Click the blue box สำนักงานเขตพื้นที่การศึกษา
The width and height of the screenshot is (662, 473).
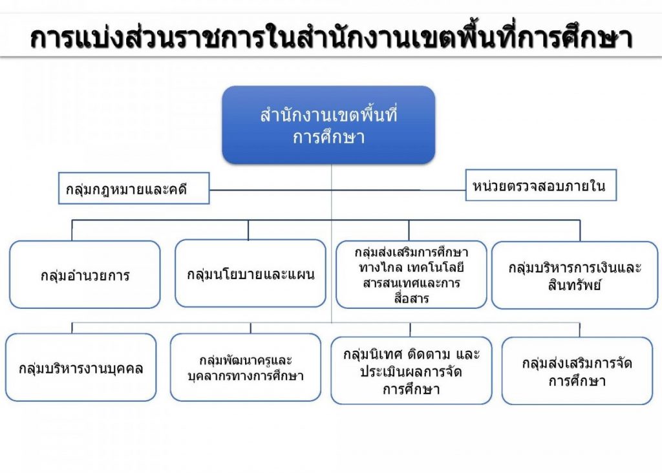click(328, 125)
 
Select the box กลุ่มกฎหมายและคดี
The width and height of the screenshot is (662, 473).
click(134, 188)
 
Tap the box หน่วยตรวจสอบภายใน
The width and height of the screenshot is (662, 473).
click(541, 185)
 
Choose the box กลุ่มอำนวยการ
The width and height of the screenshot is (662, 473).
click(85, 275)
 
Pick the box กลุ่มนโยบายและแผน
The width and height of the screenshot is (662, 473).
click(250, 273)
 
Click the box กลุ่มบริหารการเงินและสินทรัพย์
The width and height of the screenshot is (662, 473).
click(575, 275)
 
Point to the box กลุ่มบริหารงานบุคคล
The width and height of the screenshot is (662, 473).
click(81, 368)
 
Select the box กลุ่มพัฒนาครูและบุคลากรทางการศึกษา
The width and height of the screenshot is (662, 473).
click(245, 368)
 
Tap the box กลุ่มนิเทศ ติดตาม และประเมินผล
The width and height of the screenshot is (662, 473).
click(411, 370)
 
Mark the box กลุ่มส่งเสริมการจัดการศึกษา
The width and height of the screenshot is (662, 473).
click(577, 371)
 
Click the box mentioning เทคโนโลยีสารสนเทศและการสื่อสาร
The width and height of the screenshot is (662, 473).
click(411, 275)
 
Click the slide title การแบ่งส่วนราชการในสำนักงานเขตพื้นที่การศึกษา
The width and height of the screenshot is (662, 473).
click(331, 38)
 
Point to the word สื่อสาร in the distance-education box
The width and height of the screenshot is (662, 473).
click(411, 299)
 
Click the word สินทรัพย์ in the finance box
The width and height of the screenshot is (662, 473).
click(575, 286)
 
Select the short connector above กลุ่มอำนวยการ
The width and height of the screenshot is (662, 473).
click(72, 231)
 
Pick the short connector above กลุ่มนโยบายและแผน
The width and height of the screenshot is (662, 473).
click(248, 230)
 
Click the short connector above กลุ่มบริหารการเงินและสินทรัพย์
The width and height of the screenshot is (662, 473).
click(580, 231)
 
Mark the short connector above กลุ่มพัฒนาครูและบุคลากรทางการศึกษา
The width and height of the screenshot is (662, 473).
click(251, 328)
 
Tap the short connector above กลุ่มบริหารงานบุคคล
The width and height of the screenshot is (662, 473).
click(72, 328)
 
